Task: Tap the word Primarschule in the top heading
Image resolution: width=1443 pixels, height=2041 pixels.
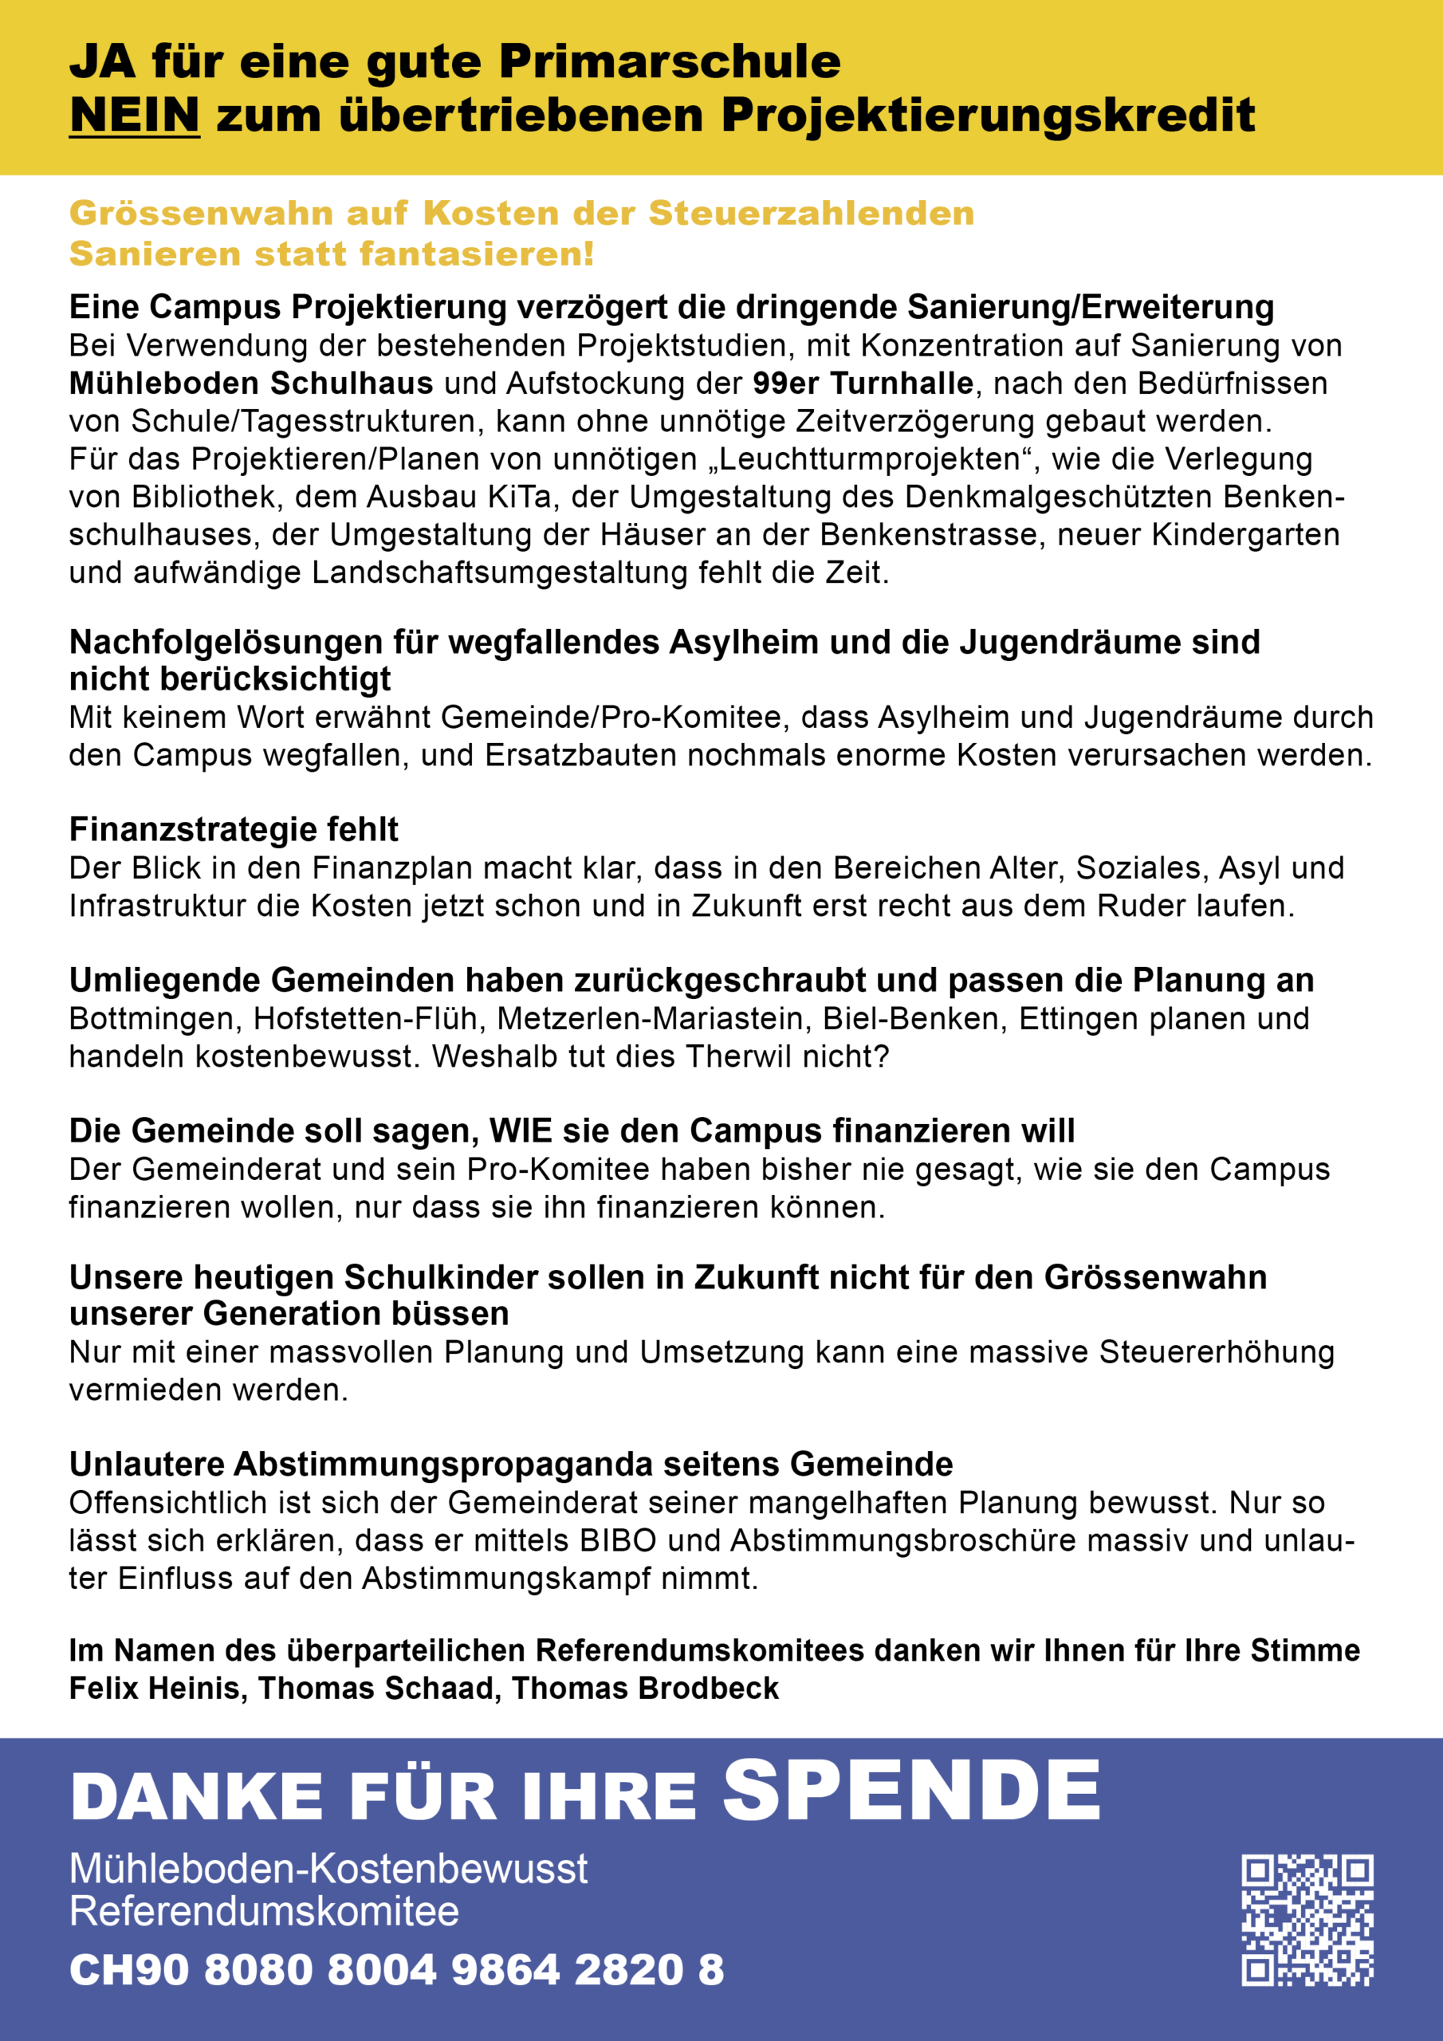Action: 669,61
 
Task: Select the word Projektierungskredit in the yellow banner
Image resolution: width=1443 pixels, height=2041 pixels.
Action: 988,116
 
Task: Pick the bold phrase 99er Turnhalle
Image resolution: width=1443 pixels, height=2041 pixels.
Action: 863,383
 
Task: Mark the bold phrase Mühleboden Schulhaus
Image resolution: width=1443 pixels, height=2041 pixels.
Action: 250,383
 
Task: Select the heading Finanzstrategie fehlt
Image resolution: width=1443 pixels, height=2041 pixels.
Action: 234,829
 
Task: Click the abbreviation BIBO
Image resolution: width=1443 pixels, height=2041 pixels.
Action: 618,1540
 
